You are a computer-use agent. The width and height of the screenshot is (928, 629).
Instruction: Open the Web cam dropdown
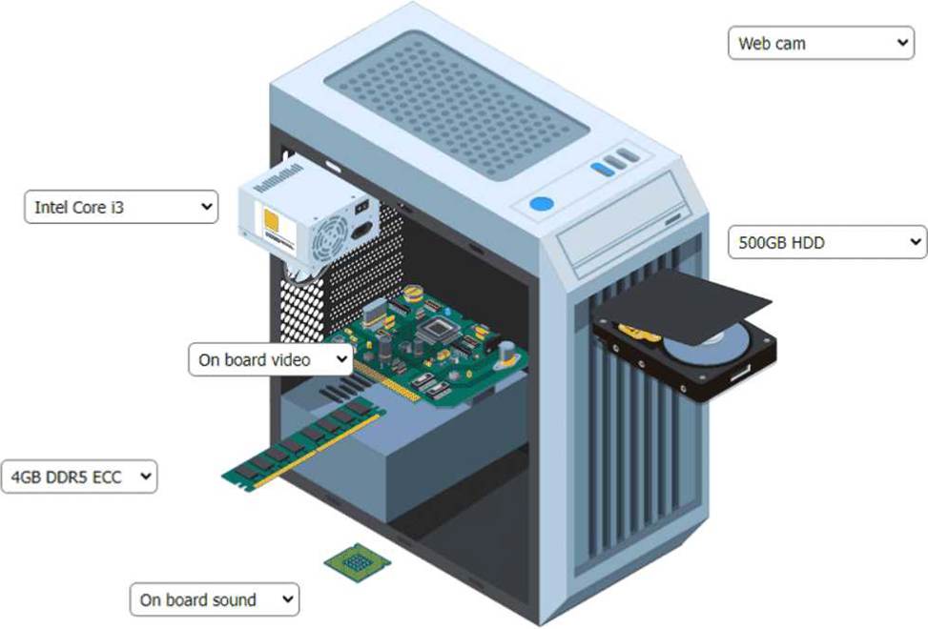(821, 43)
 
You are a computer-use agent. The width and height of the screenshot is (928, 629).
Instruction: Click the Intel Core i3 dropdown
(121, 207)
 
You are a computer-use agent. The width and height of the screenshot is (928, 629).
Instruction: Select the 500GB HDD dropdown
(828, 242)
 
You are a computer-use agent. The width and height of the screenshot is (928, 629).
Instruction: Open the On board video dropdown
(271, 359)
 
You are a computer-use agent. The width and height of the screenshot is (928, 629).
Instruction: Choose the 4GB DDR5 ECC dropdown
(79, 477)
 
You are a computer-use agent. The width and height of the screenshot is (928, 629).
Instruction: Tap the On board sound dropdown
(215, 599)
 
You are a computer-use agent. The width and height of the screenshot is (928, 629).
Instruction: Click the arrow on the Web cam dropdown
(902, 43)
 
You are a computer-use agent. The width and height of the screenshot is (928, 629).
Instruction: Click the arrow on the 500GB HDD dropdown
(915, 242)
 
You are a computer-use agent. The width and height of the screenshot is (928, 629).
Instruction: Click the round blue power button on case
(542, 204)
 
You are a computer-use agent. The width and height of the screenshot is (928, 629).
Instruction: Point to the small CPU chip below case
(357, 562)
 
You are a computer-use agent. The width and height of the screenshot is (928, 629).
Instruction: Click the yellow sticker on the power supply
(272, 220)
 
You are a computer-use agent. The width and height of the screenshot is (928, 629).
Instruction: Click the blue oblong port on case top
(603, 169)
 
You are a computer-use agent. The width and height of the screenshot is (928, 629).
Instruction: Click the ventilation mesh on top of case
(457, 105)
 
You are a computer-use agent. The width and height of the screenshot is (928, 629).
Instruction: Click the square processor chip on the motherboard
(439, 328)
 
